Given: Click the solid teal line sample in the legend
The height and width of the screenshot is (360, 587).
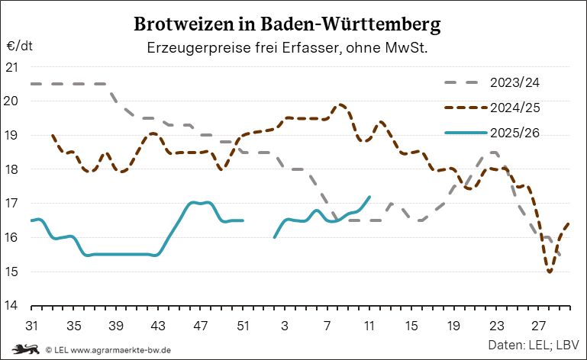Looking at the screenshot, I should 465,133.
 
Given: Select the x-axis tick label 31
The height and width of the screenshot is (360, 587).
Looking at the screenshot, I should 31,325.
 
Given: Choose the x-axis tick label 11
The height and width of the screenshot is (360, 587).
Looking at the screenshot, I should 369,325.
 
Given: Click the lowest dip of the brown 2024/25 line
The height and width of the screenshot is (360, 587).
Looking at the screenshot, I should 550,272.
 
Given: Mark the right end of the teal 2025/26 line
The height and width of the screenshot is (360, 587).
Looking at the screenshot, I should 369,197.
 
